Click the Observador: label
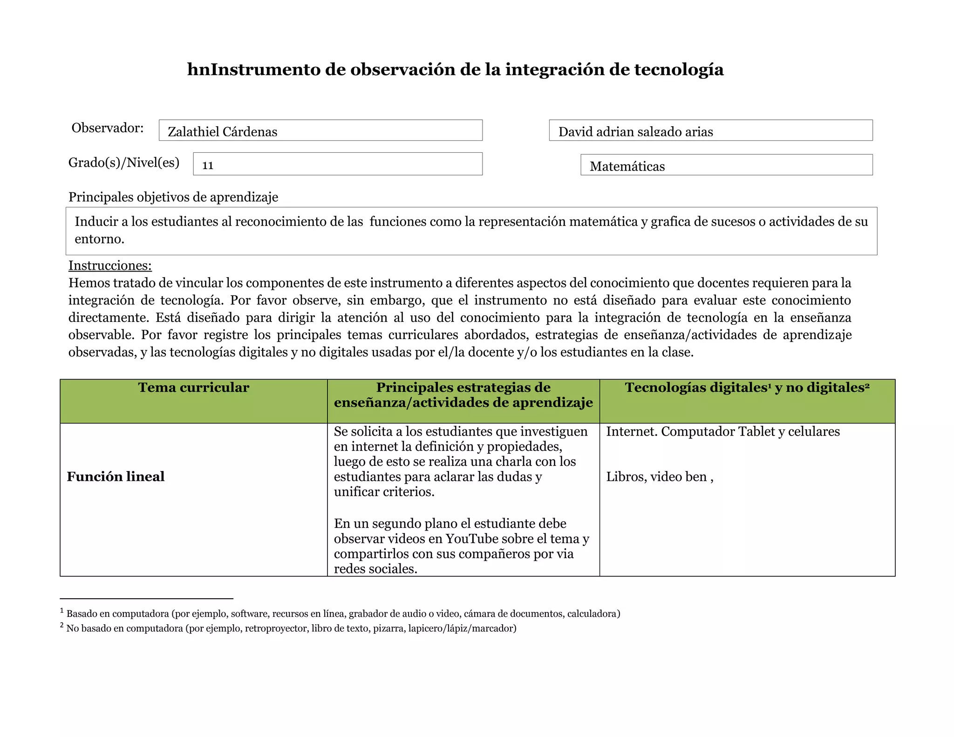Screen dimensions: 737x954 (x=108, y=128)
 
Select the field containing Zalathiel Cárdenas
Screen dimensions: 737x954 (x=320, y=131)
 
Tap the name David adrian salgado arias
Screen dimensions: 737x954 (x=635, y=132)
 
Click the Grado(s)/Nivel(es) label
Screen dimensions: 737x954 (x=124, y=163)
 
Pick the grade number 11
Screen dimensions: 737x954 (x=208, y=165)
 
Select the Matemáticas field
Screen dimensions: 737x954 (x=726, y=166)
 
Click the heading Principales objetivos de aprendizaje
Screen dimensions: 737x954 (x=173, y=197)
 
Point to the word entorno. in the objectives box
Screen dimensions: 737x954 (x=99, y=239)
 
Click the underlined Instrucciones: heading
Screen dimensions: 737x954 (x=110, y=266)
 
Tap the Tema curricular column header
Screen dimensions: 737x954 (x=193, y=388)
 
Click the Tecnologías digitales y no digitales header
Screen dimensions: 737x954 (x=747, y=388)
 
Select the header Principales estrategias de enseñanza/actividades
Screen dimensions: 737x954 (x=463, y=395)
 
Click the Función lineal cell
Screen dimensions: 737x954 (x=116, y=477)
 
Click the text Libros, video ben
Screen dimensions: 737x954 (x=659, y=477)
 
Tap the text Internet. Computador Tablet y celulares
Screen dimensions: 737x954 (x=722, y=432)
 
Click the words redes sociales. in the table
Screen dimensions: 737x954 (x=375, y=569)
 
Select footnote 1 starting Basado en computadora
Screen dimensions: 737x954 (x=343, y=614)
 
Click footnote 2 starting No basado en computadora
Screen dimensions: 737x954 (x=291, y=628)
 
